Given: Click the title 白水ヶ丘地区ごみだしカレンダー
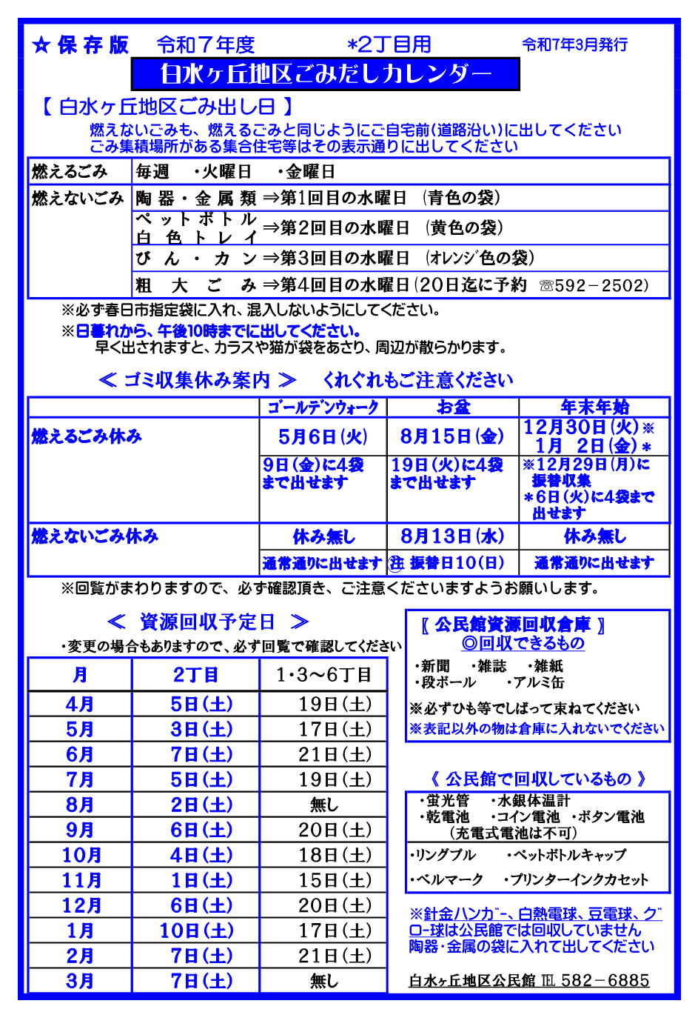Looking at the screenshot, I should [x=326, y=74].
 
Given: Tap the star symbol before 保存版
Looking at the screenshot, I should [x=41, y=46].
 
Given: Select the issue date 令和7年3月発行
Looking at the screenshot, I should [x=574, y=44].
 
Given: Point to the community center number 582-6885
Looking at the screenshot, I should [x=605, y=980].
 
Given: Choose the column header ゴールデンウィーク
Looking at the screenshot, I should [x=323, y=407].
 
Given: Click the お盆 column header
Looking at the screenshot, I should [x=453, y=407].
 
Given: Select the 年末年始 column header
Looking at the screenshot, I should [x=594, y=407].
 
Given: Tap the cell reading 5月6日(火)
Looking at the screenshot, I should [x=323, y=436].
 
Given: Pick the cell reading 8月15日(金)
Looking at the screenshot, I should [x=452, y=436].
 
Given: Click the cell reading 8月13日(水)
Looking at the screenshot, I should [x=452, y=536].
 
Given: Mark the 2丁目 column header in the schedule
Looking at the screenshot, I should [x=195, y=675].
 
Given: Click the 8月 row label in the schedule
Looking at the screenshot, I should [x=80, y=805].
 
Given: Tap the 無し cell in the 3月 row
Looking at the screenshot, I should [x=323, y=981].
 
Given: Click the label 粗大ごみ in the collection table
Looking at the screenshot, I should [x=195, y=285].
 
